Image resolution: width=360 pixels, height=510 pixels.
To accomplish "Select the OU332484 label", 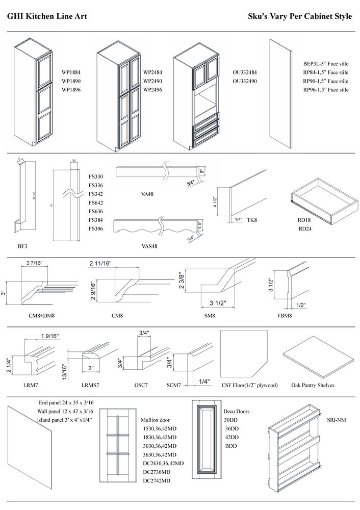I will click(x=245, y=72).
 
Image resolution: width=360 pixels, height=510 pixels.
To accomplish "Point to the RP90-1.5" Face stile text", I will click(x=325, y=81).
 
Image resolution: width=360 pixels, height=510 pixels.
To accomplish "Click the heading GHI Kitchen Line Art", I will click(x=47, y=17).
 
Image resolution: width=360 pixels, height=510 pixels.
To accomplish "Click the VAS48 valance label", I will click(x=149, y=246).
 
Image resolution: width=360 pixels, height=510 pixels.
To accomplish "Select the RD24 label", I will click(x=305, y=228).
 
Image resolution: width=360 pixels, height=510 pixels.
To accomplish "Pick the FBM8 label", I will click(x=285, y=316).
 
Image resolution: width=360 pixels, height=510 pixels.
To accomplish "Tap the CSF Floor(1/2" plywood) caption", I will click(x=250, y=386).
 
